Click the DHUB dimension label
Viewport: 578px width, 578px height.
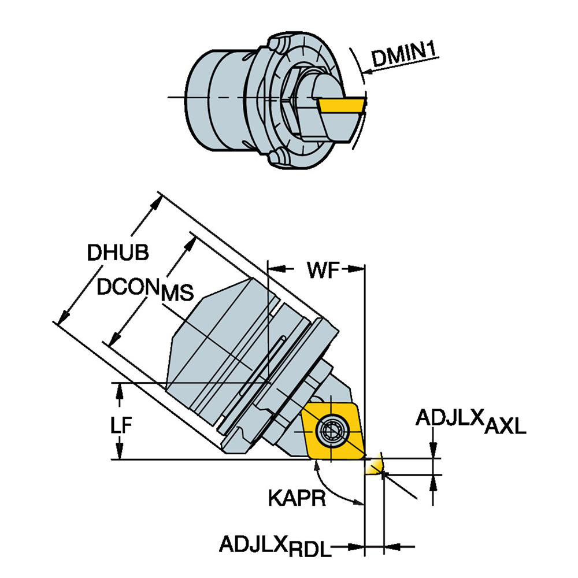[x=118, y=252]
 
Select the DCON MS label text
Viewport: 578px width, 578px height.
[x=144, y=289]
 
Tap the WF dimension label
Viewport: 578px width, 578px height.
[x=321, y=270]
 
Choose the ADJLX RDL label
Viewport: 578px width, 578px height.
[x=275, y=545]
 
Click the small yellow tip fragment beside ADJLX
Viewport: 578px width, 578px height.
[x=375, y=464]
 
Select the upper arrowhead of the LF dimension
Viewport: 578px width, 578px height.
[x=120, y=390]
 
